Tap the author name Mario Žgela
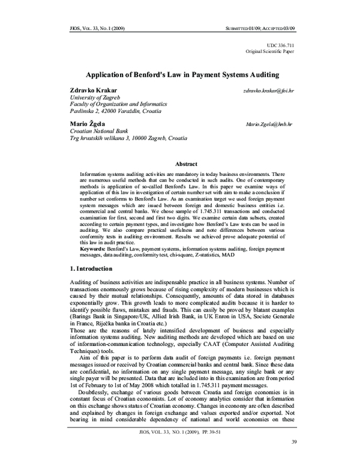[87, 123]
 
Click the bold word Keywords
[94, 247]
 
